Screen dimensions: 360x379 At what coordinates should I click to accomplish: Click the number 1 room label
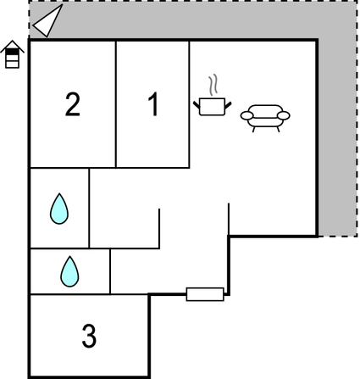[x=153, y=104]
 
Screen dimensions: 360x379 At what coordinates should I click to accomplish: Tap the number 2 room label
[x=73, y=104]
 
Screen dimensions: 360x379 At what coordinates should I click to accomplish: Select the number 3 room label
[x=89, y=336]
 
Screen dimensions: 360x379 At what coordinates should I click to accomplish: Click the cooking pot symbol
[x=213, y=106]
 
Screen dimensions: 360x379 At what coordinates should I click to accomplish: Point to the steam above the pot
[x=214, y=84]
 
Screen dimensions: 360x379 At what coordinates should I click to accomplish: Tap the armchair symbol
[x=265, y=118]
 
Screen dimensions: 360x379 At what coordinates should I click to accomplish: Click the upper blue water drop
[x=59, y=209]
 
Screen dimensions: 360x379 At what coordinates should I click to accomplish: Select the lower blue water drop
[x=69, y=271]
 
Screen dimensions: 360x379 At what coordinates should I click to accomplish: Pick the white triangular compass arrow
[x=48, y=21]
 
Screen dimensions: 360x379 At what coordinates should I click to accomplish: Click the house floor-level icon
[x=12, y=54]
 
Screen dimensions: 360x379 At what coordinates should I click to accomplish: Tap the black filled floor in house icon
[x=12, y=51]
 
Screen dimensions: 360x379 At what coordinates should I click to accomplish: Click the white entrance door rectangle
[x=205, y=294]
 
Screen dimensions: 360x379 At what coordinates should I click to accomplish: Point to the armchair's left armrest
[x=246, y=115]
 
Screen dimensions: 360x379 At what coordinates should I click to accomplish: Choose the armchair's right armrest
[x=284, y=115]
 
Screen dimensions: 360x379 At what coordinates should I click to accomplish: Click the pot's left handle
[x=197, y=105]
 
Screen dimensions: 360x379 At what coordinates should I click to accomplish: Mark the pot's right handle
[x=228, y=105]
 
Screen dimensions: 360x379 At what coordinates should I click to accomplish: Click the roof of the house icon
[x=12, y=46]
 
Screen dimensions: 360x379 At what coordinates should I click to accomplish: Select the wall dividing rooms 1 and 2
[x=116, y=104]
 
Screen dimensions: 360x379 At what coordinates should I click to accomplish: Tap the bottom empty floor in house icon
[x=12, y=64]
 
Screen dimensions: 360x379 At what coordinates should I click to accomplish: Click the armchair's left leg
[x=253, y=130]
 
